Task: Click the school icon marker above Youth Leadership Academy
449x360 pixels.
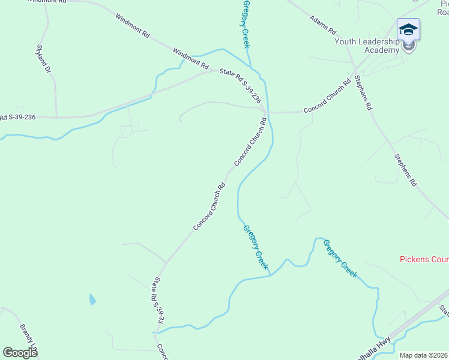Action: pos(408,29)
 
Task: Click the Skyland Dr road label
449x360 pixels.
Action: pos(43,59)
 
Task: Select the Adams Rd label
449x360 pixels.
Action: pos(323,25)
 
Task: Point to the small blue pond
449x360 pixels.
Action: pos(92,299)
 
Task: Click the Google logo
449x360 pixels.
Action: pos(20,353)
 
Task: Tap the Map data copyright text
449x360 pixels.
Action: pos(424,355)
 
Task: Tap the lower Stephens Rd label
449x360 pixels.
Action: pos(405,170)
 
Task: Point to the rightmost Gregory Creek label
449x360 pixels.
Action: pos(340,259)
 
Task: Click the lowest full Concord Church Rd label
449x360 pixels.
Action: pos(209,206)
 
